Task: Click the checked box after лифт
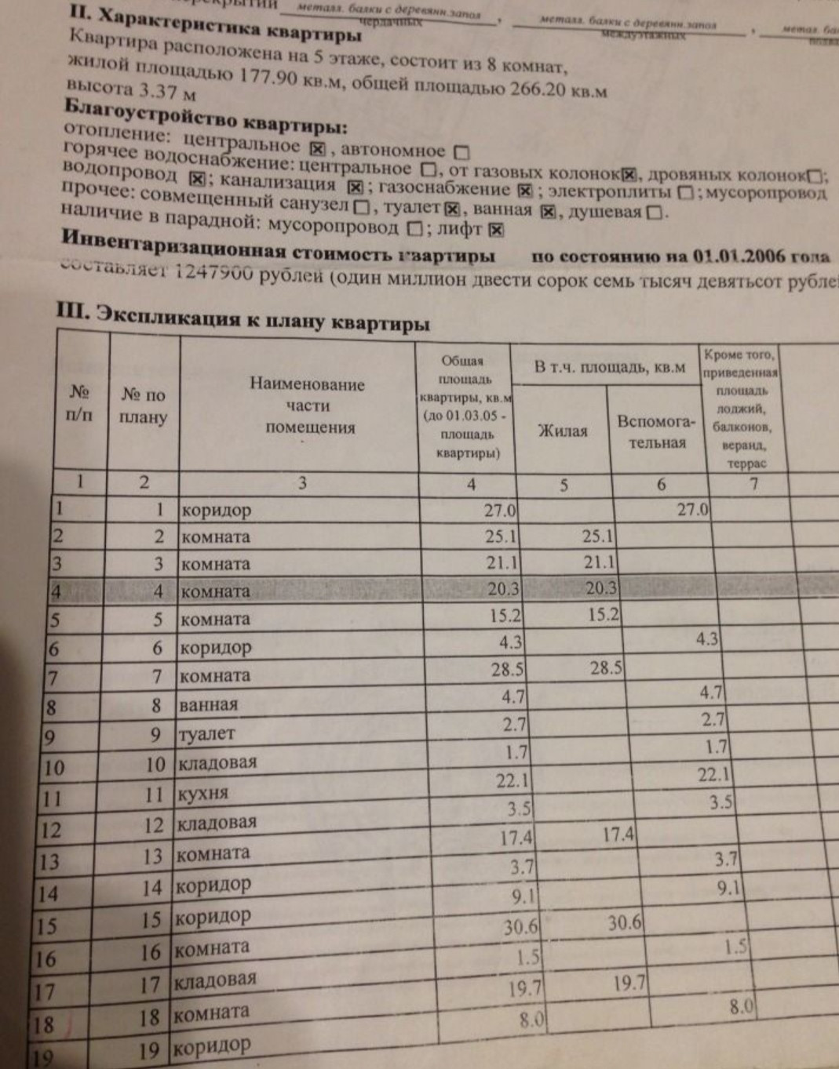[x=495, y=230]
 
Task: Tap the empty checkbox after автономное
[x=461, y=152]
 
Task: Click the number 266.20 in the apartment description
[x=538, y=88]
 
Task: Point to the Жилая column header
[x=562, y=431]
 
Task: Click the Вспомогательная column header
[x=656, y=432]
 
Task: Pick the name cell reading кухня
[x=202, y=793]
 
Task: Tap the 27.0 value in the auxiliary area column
[x=692, y=509]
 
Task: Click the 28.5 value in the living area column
[x=605, y=668]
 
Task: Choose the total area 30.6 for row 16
[x=520, y=927]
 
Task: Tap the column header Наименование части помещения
[x=307, y=405]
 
